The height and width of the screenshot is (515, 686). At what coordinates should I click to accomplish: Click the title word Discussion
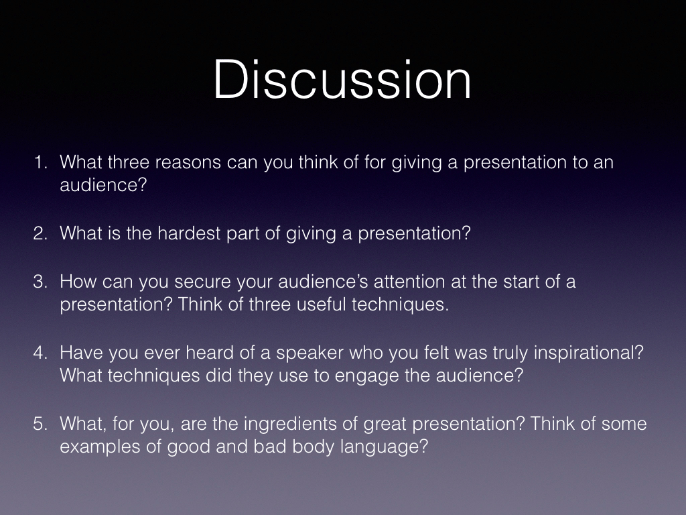click(x=342, y=80)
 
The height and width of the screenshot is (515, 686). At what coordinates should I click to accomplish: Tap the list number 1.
click(x=40, y=162)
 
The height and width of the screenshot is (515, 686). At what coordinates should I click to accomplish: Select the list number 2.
click(x=40, y=233)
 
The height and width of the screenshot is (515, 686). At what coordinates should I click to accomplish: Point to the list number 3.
click(x=40, y=281)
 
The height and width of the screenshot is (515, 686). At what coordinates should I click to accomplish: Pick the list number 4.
click(x=40, y=353)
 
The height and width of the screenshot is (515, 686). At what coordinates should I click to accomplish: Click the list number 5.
click(x=40, y=424)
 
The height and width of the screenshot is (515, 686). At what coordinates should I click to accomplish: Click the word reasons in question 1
click(x=188, y=163)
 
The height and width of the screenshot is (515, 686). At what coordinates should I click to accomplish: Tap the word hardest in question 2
click(x=189, y=233)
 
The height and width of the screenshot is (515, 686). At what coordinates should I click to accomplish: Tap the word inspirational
click(x=588, y=353)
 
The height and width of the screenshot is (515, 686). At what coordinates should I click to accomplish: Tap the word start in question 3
click(x=521, y=282)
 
